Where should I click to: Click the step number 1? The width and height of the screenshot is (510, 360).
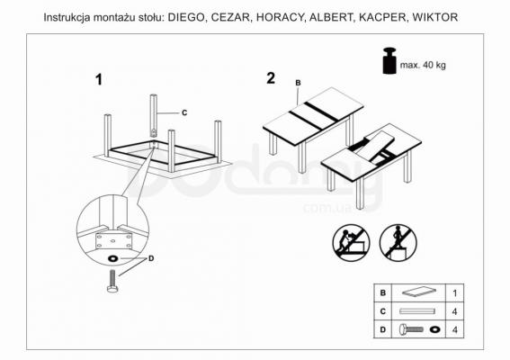click(x=100, y=80)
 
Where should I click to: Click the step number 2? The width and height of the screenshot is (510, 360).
click(x=271, y=77)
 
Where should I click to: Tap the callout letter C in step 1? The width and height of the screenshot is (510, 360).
click(x=183, y=113)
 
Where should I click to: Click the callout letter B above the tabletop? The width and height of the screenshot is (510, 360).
click(x=298, y=84)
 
